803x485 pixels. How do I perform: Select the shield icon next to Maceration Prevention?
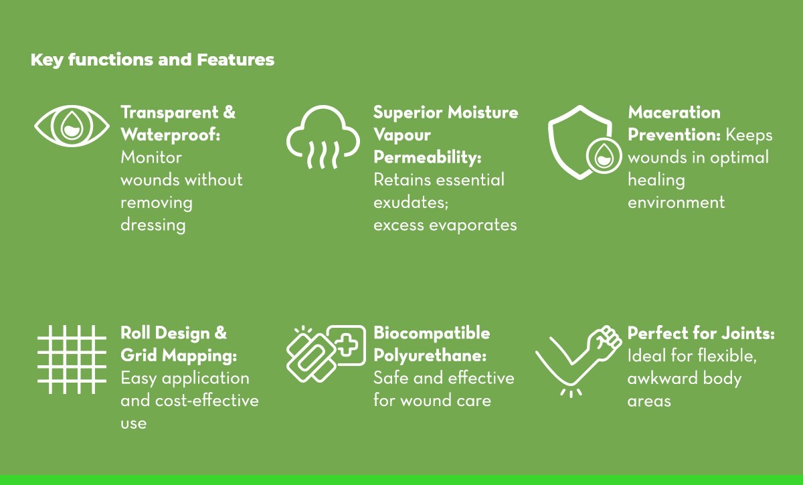coord(559,143)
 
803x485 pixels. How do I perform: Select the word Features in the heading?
coord(236,60)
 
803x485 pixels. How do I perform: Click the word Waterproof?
coord(170,135)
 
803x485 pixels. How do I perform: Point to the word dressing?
coord(153,225)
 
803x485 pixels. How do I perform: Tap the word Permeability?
coord(428,158)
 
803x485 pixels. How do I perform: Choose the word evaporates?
coord(473,225)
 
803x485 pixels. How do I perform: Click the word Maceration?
coord(674,112)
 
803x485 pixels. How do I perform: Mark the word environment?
coord(676,203)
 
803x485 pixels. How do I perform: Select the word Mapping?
coord(201,356)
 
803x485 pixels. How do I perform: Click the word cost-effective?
coord(207,401)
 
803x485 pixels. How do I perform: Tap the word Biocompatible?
coord(432,333)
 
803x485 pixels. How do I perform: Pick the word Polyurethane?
coord(430,356)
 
